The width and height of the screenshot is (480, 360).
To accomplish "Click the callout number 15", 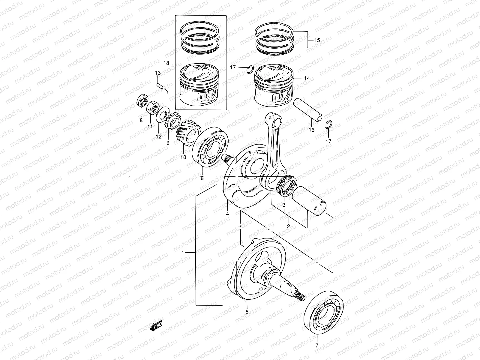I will pyautogui.click(x=317, y=40).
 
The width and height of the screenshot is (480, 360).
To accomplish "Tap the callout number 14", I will pyautogui.click(x=307, y=78).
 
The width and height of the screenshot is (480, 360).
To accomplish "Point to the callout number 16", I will pyautogui.click(x=311, y=130).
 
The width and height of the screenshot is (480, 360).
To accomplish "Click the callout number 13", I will pyautogui.click(x=157, y=73).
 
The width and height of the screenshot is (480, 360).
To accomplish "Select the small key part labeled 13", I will pyautogui.click(x=160, y=85).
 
